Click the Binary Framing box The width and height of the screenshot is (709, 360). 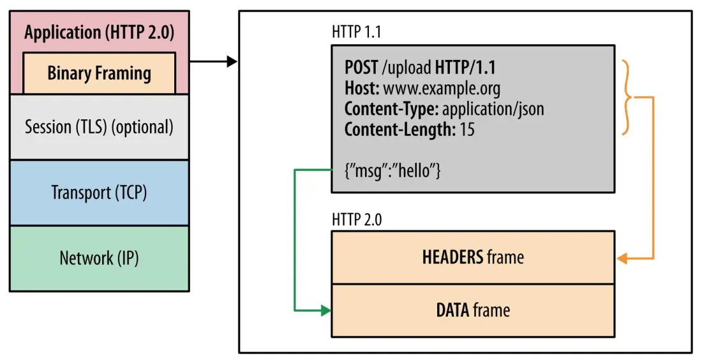click(x=99, y=73)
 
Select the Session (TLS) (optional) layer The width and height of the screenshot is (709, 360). click(x=99, y=127)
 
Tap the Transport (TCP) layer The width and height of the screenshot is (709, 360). click(x=99, y=192)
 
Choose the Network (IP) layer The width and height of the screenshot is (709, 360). click(x=99, y=258)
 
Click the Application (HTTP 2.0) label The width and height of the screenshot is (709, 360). click(x=99, y=33)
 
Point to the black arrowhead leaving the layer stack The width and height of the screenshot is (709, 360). click(x=233, y=62)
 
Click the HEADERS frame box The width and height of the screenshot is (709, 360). click(x=472, y=257)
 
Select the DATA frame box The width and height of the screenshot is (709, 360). click(x=472, y=310)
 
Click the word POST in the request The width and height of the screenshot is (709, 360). click(x=362, y=67)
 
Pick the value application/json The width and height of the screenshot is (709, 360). click(x=493, y=109)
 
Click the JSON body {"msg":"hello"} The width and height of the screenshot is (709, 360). click(x=392, y=171)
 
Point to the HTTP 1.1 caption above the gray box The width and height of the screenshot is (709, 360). click(x=357, y=32)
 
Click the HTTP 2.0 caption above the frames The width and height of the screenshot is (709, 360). click(x=357, y=220)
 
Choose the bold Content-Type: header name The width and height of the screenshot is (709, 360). click(x=391, y=109)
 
